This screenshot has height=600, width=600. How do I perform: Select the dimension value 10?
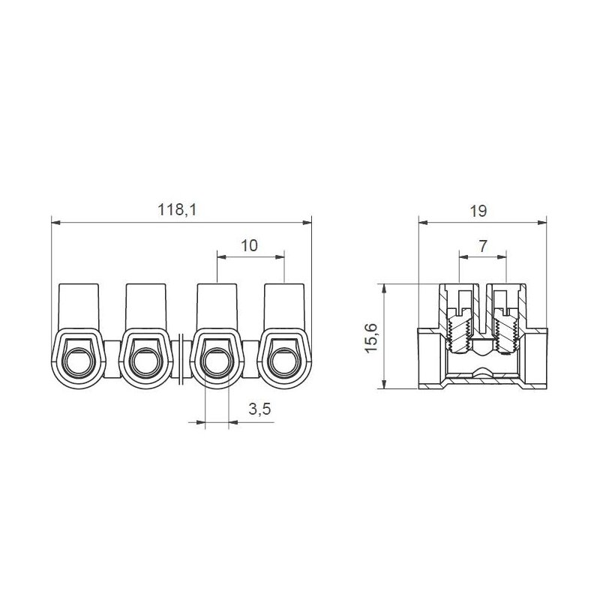point(250,246)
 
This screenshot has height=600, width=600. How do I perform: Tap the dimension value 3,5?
point(259,410)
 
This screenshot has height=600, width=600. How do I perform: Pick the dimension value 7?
point(481,246)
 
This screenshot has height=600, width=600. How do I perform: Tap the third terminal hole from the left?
point(214,362)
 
